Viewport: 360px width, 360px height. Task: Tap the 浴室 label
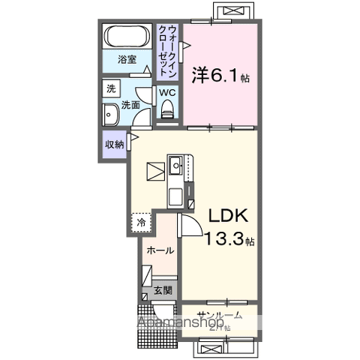coord(127,60)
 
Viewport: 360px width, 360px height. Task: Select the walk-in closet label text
coord(168,49)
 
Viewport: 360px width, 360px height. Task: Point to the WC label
coord(166,94)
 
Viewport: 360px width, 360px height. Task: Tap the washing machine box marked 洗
coord(111,88)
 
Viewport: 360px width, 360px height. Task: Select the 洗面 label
coord(130,106)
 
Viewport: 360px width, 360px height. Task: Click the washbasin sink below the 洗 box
coord(109,117)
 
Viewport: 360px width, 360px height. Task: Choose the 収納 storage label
coord(114,145)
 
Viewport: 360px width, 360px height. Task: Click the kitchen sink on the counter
coord(178,164)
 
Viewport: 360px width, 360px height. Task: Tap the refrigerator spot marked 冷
coord(140,222)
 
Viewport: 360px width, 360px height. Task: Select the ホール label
coord(160,250)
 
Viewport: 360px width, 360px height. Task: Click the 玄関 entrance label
coord(163,290)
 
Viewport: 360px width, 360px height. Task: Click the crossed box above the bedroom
coord(235,11)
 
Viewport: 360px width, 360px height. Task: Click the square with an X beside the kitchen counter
coord(154,172)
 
